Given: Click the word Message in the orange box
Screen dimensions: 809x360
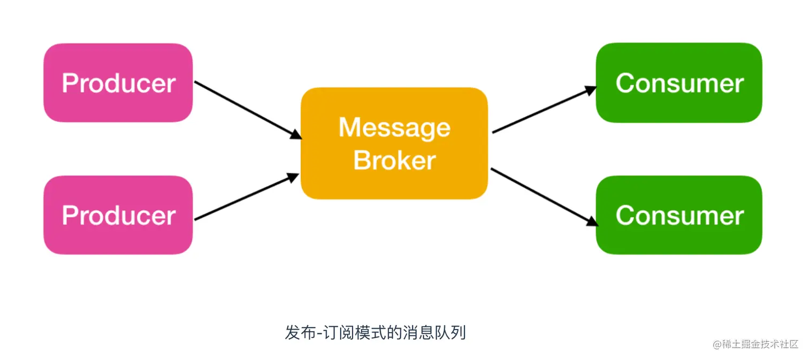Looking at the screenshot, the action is [x=394, y=127].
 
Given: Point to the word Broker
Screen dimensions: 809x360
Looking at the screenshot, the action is [x=394, y=160].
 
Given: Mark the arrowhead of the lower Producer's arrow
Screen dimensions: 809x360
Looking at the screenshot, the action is [x=293, y=177].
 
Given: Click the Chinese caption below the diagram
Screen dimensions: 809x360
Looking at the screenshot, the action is [x=375, y=333].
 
